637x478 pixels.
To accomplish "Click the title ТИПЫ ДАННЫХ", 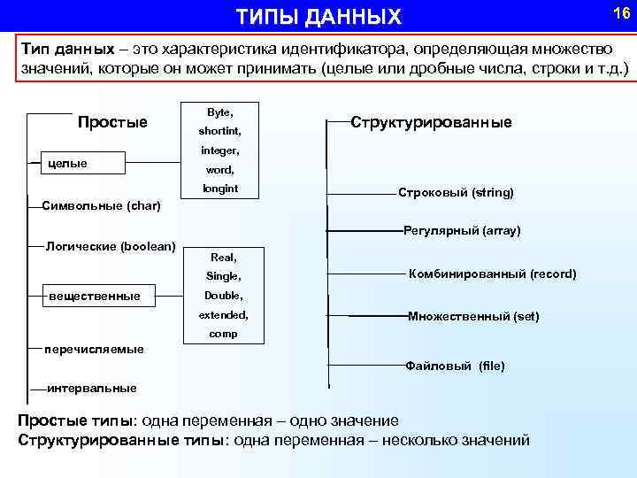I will click(318, 17).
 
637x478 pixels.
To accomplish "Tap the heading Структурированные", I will click(431, 122).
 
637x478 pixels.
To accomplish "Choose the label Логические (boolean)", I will click(111, 245).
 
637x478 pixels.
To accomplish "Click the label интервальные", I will click(91, 388).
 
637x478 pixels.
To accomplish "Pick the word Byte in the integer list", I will click(219, 112).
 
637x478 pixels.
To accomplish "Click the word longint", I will click(219, 189).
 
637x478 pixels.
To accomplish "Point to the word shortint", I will click(219, 132).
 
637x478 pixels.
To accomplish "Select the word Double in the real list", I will click(223, 295).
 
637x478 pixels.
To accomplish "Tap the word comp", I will click(222, 334).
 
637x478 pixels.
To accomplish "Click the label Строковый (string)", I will click(456, 192).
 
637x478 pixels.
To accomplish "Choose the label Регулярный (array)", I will click(462, 230).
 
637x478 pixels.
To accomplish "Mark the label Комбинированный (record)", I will click(492, 274).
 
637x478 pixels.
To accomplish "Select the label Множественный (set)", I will click(472, 316).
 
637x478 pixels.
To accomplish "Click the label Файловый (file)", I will click(455, 365).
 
